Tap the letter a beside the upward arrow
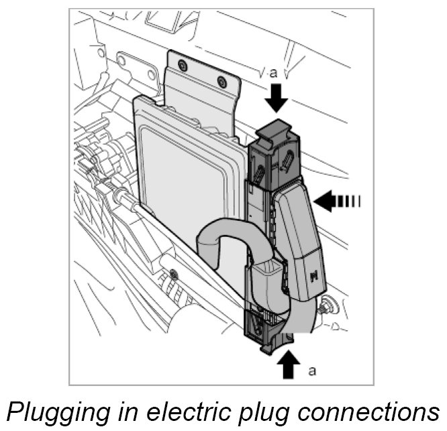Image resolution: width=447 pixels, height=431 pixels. coord(311,370)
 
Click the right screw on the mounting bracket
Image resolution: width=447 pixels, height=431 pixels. coord(222,81)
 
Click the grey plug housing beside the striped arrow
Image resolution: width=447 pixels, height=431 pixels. coord(298,242)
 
